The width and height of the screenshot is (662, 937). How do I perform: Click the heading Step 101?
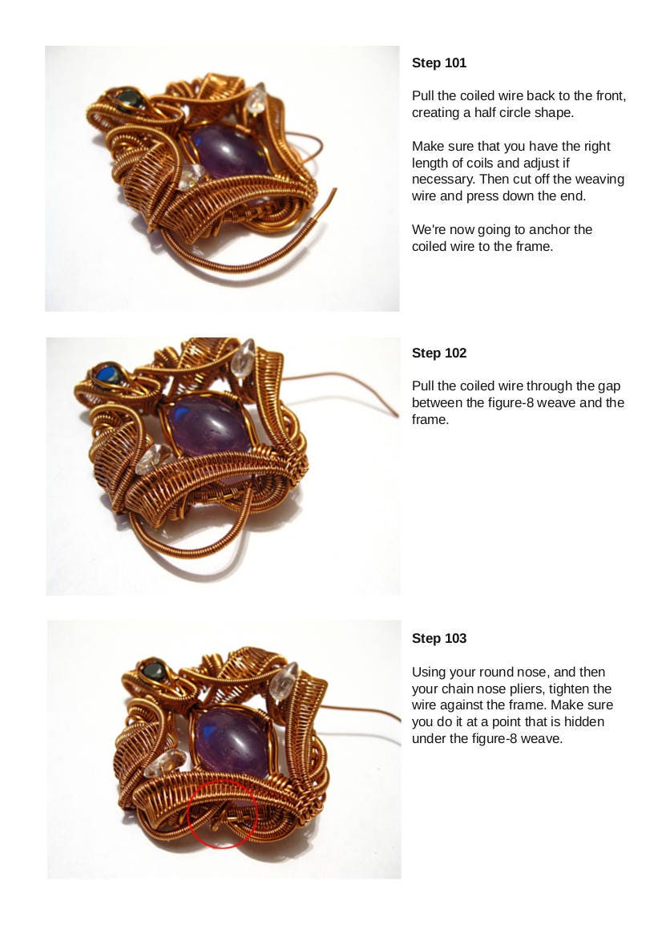point(438,63)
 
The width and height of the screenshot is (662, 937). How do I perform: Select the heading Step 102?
point(438,353)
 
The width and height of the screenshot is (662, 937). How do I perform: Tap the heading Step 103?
point(438,638)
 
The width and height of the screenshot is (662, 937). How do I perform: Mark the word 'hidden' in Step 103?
point(586,722)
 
